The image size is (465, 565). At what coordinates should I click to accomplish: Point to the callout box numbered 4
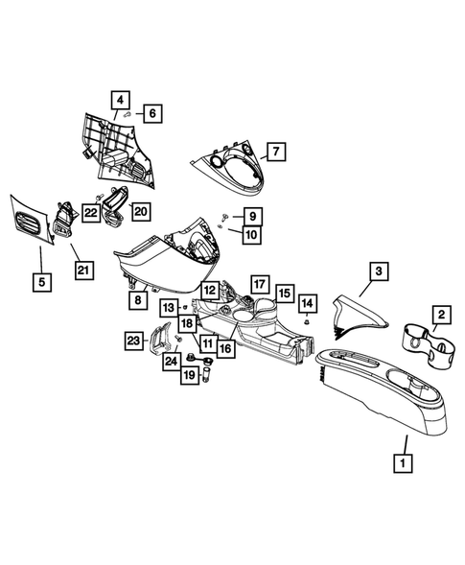pyautogui.click(x=120, y=100)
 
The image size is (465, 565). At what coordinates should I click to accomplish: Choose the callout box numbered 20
pyautogui.click(x=140, y=211)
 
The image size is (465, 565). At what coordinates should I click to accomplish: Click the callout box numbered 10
pyautogui.click(x=251, y=233)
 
